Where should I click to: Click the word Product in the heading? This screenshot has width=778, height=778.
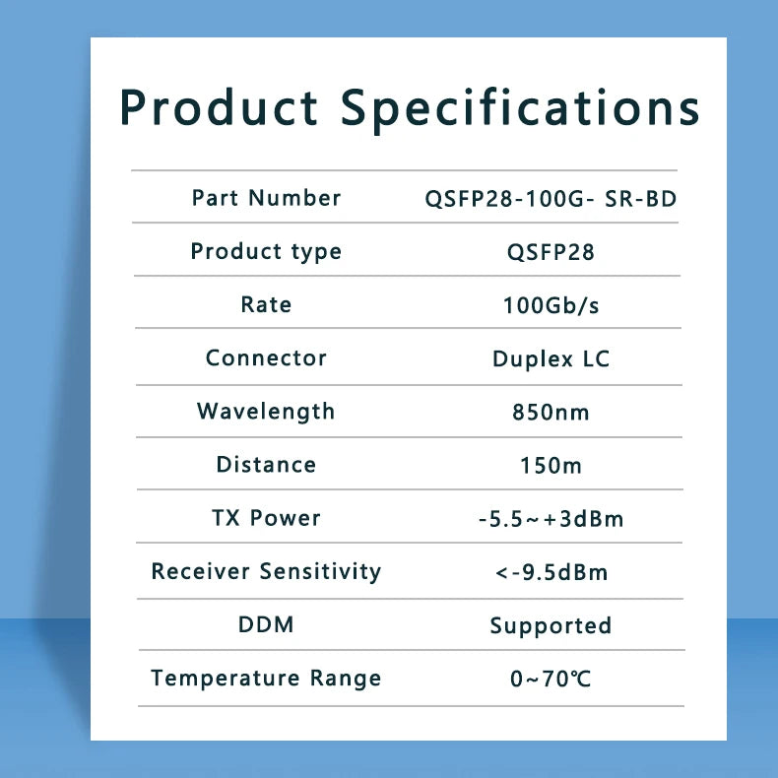219,106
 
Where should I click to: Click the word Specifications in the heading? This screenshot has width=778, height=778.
520,110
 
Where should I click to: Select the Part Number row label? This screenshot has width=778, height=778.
267,198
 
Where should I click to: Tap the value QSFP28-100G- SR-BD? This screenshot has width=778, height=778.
551,199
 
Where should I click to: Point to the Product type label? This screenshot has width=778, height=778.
267,251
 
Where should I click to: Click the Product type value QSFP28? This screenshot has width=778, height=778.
551,252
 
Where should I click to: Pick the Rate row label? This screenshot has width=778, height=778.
267,304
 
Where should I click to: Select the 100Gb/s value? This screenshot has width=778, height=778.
551,305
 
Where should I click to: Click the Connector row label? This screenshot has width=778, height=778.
267,357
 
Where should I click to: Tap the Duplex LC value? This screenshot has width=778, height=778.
551,358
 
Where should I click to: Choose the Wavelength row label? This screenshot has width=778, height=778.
266,412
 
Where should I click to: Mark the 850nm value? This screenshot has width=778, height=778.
551,413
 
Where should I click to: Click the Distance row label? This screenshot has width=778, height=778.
267,465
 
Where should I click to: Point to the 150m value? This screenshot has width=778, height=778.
551,466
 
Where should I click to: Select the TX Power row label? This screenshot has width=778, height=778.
267,518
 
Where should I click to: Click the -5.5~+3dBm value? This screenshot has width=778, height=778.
551,519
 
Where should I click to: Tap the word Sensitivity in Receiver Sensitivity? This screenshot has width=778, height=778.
320,571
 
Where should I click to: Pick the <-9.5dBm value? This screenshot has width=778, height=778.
551,572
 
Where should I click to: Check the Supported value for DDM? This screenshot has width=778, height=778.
551,626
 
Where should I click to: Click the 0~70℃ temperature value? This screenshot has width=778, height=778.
551,679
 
